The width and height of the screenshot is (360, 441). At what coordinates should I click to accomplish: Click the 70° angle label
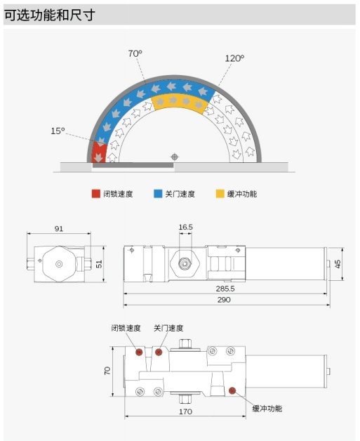[x=135, y=53]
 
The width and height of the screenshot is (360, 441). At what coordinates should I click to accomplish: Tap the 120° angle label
[x=234, y=58]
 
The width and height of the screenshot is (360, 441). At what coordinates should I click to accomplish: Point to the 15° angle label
[x=58, y=131]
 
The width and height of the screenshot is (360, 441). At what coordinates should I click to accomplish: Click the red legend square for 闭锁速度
[x=96, y=194]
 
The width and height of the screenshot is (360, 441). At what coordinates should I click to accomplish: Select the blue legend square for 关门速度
[x=158, y=194]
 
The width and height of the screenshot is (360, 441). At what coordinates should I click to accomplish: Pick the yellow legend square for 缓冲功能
[x=220, y=194]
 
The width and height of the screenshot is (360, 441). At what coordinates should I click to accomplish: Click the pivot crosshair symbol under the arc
[x=175, y=157]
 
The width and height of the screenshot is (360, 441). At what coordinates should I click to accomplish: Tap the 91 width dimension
[x=59, y=229]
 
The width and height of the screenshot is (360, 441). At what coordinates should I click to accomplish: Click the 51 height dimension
[x=99, y=264]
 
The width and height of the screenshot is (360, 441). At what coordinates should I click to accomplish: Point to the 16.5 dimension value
[x=185, y=227]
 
